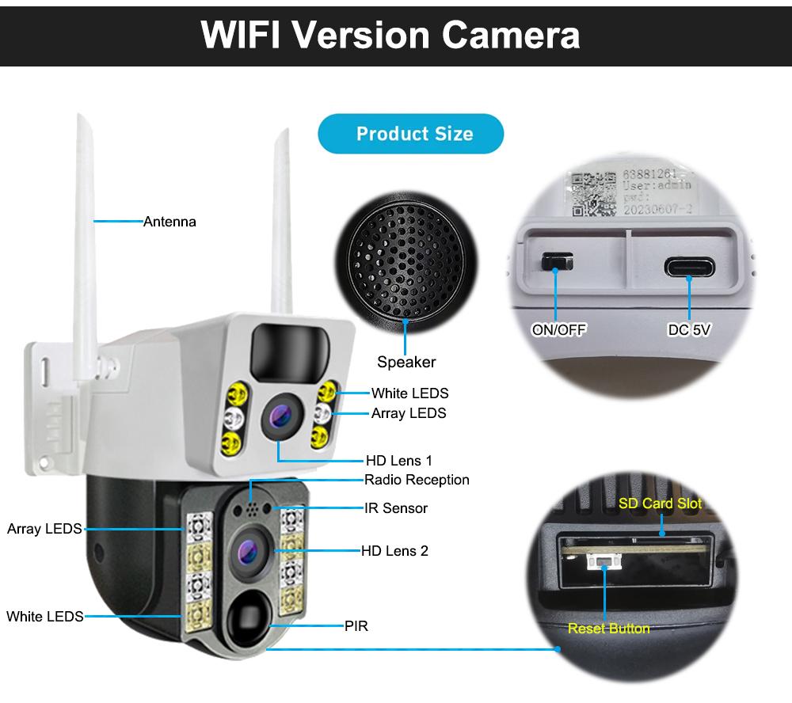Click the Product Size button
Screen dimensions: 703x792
tap(410, 133)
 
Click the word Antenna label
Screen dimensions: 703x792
tap(169, 222)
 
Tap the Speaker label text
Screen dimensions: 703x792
tap(406, 362)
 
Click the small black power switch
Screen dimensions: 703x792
tap(555, 261)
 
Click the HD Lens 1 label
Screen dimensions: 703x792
tap(399, 460)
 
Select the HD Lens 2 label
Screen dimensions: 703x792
tap(394, 550)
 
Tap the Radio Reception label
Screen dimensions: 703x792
tap(417, 480)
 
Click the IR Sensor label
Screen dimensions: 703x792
tap(396, 508)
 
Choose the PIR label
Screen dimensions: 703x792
tap(356, 626)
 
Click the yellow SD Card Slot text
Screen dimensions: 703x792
tap(660, 503)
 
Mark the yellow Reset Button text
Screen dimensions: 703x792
tap(608, 629)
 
